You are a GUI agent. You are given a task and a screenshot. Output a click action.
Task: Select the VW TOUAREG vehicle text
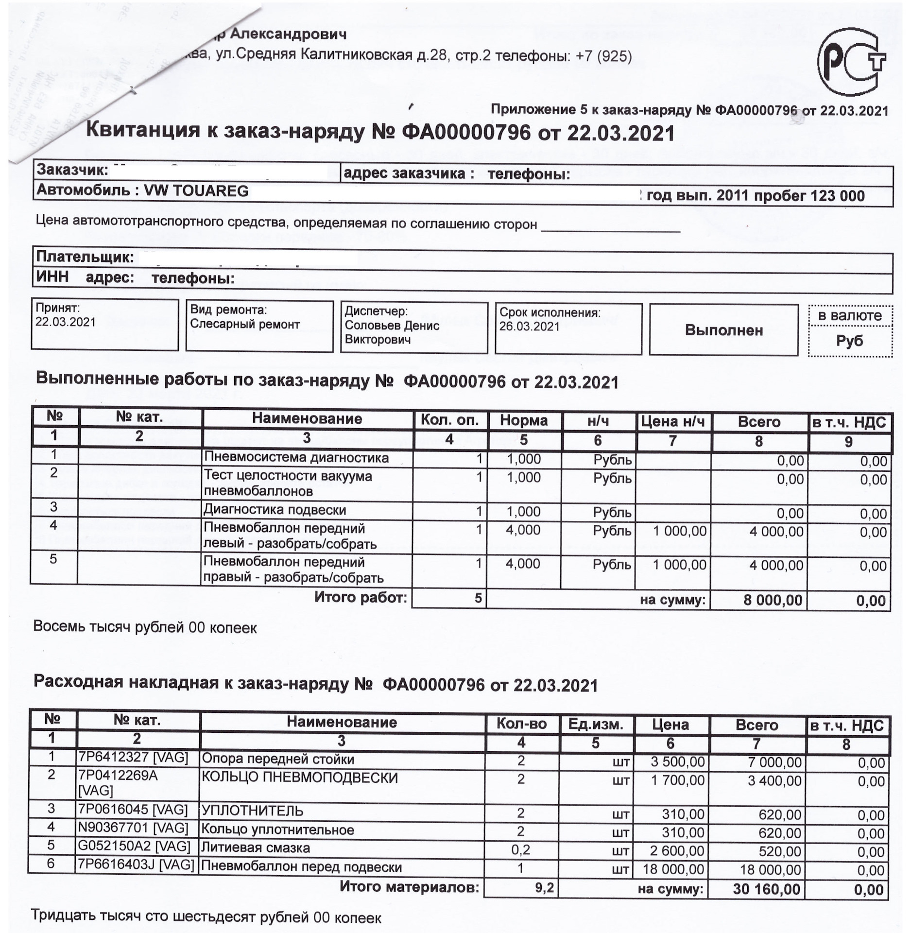196,190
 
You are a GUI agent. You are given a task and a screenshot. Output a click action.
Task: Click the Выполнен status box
723,330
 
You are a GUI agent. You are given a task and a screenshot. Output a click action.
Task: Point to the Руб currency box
849,341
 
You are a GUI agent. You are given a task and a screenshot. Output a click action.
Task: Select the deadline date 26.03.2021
530,327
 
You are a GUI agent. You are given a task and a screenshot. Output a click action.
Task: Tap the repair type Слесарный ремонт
244,324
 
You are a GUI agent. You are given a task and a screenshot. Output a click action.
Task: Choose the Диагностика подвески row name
275,510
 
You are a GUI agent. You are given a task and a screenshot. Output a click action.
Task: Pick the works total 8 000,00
773,600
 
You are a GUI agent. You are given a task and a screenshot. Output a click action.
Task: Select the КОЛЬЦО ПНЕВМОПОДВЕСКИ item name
299,777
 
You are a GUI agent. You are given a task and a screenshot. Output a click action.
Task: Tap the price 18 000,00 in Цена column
673,869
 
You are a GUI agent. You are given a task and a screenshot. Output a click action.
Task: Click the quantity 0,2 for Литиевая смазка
521,850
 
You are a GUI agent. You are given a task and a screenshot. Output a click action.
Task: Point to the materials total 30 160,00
766,889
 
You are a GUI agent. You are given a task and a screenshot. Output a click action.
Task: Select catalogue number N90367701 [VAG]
133,828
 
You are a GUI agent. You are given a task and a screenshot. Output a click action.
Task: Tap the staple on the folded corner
133,89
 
